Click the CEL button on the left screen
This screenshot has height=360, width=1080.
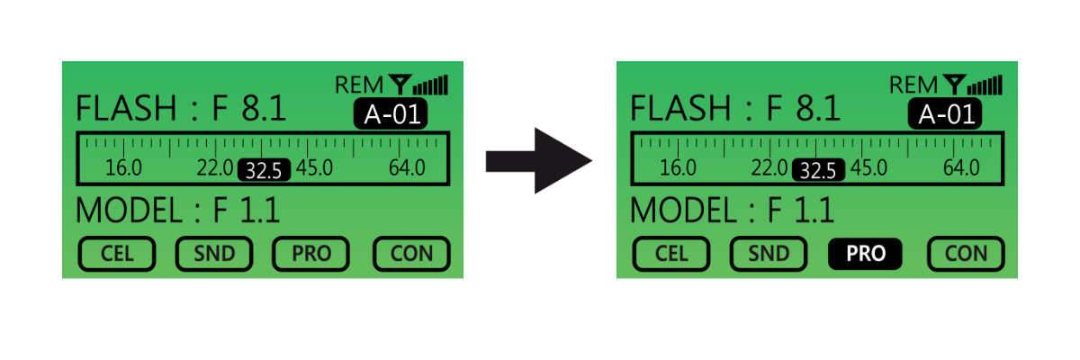click(x=117, y=254)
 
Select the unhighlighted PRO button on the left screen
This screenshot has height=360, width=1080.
click(x=311, y=254)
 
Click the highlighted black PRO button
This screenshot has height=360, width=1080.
click(x=866, y=254)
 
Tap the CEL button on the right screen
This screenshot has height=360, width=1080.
click(x=671, y=254)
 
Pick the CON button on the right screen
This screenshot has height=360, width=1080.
click(x=966, y=254)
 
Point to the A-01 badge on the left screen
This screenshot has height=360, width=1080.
click(x=391, y=113)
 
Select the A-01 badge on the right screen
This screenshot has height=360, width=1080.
click(x=945, y=113)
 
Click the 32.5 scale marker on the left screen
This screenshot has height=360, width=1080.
click(x=264, y=169)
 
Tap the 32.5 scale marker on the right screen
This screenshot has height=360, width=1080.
click(x=818, y=169)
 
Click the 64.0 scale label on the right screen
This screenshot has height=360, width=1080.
click(x=961, y=168)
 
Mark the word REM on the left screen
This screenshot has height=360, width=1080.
click(x=359, y=85)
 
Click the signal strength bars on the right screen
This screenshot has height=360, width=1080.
click(x=987, y=85)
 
